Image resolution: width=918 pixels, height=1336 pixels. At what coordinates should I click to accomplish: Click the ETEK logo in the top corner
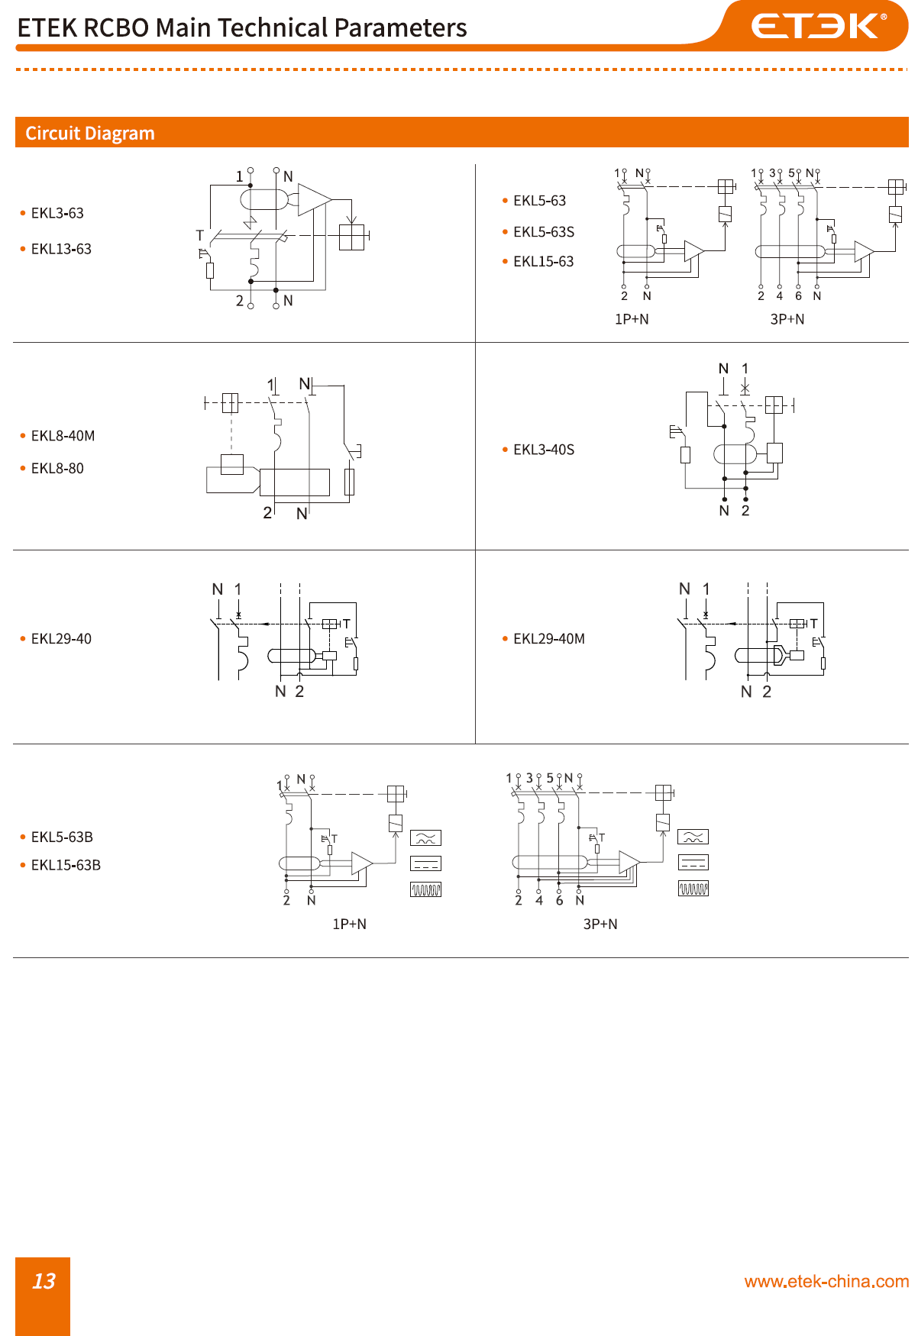pyautogui.click(x=818, y=26)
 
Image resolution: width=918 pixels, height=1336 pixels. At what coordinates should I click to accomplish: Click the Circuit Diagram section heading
pyautogui.click(x=90, y=134)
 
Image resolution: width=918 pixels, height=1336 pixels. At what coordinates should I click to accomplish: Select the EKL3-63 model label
pyautogui.click(x=57, y=213)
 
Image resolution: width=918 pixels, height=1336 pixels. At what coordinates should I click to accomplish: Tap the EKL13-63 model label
pyautogui.click(x=61, y=249)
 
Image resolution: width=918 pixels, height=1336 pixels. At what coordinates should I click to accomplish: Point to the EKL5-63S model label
pyautogui.click(x=543, y=232)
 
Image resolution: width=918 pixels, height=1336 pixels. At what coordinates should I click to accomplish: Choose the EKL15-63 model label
pyautogui.click(x=543, y=262)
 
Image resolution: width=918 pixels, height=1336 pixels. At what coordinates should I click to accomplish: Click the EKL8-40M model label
pyautogui.click(x=63, y=436)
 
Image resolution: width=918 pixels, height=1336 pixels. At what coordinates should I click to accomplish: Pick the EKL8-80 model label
pyautogui.click(x=57, y=469)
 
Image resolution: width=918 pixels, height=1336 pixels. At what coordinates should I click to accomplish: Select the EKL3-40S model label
pyautogui.click(x=543, y=450)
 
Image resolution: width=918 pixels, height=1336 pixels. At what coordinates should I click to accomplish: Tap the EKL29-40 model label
pyautogui.click(x=61, y=639)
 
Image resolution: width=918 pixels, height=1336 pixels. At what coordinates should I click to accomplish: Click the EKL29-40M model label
pyautogui.click(x=548, y=639)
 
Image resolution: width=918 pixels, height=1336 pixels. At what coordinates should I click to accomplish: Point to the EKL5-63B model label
pyautogui.click(x=62, y=837)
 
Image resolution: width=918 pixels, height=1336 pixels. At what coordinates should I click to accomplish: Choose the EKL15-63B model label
pyautogui.click(x=66, y=865)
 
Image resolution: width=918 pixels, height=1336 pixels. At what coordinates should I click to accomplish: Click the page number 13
pyautogui.click(x=44, y=1281)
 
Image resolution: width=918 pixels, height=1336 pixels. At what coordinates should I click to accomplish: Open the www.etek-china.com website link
pyautogui.click(x=826, y=1282)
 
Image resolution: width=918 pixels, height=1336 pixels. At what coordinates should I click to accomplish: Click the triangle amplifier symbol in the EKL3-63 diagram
pyautogui.click(x=313, y=200)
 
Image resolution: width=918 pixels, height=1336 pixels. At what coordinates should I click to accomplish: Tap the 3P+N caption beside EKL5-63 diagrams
pyautogui.click(x=787, y=319)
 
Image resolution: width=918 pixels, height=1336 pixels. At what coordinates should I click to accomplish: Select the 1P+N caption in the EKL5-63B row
pyautogui.click(x=349, y=924)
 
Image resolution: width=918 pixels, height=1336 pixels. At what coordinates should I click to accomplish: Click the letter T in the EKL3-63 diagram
pyautogui.click(x=200, y=235)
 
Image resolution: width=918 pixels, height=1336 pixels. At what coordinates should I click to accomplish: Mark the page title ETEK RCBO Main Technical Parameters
pyautogui.click(x=241, y=28)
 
